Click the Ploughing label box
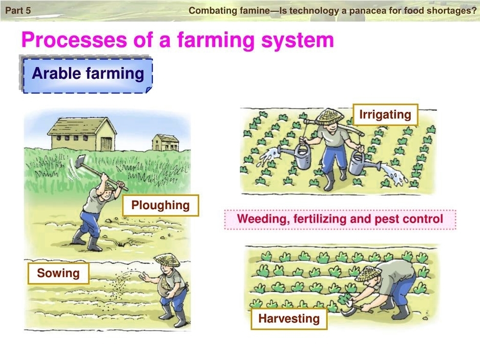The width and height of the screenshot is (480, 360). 161,206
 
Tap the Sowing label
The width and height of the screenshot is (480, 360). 58,273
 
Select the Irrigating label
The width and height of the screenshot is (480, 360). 385,115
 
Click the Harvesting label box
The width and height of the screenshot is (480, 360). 289,318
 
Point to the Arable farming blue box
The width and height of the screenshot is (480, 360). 88,74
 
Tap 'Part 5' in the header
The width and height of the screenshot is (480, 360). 18,10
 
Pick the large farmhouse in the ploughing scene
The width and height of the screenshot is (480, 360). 82,133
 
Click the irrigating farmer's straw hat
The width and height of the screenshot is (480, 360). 330,116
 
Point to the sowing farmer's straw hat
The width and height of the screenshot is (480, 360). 167,260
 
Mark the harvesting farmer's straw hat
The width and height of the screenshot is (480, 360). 370,273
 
